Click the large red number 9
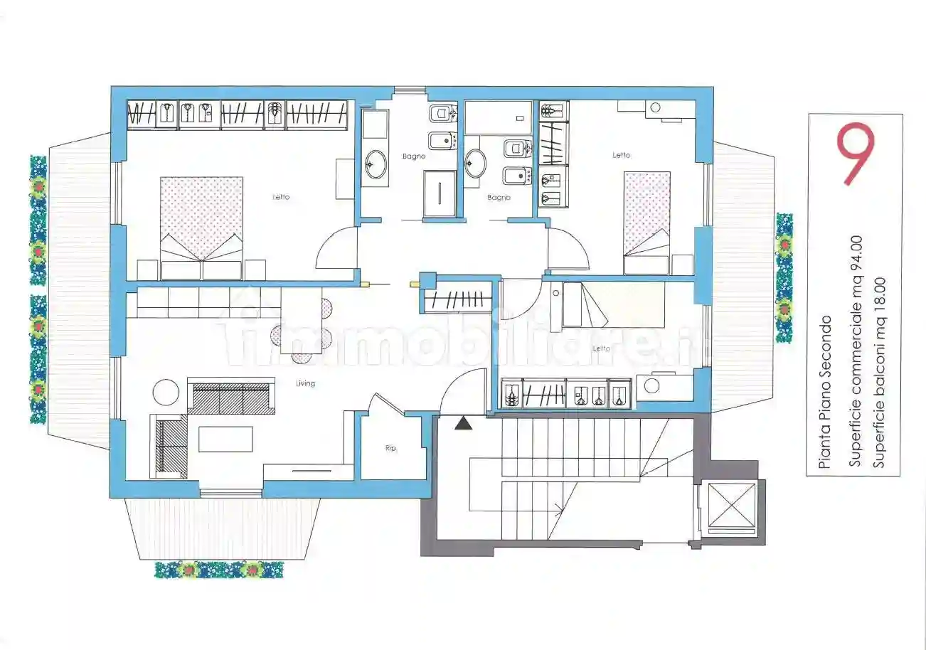[x=856, y=154]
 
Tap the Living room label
[x=306, y=383]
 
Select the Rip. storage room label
[x=390, y=448]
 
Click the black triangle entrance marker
[x=464, y=424]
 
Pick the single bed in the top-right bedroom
[x=646, y=223]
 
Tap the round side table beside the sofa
[x=166, y=393]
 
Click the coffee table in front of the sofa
[x=225, y=439]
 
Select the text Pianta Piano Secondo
[x=824, y=392]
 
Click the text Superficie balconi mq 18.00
[x=879, y=373]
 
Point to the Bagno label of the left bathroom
[x=414, y=156]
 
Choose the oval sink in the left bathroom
[x=376, y=164]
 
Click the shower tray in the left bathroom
[x=440, y=193]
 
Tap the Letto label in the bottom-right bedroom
[x=601, y=348]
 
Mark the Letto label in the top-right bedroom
[x=622, y=155]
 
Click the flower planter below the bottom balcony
[x=219, y=570]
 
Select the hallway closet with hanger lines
[x=457, y=299]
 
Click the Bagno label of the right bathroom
[x=499, y=198]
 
